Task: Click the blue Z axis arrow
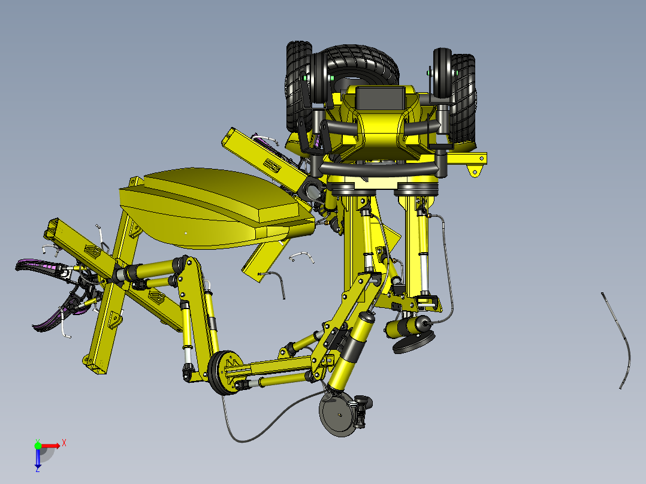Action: (x=38, y=458)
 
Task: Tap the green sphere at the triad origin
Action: (x=38, y=445)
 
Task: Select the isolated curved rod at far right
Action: (x=623, y=341)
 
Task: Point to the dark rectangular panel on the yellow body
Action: (x=380, y=98)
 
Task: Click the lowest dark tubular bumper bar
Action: (x=384, y=171)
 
